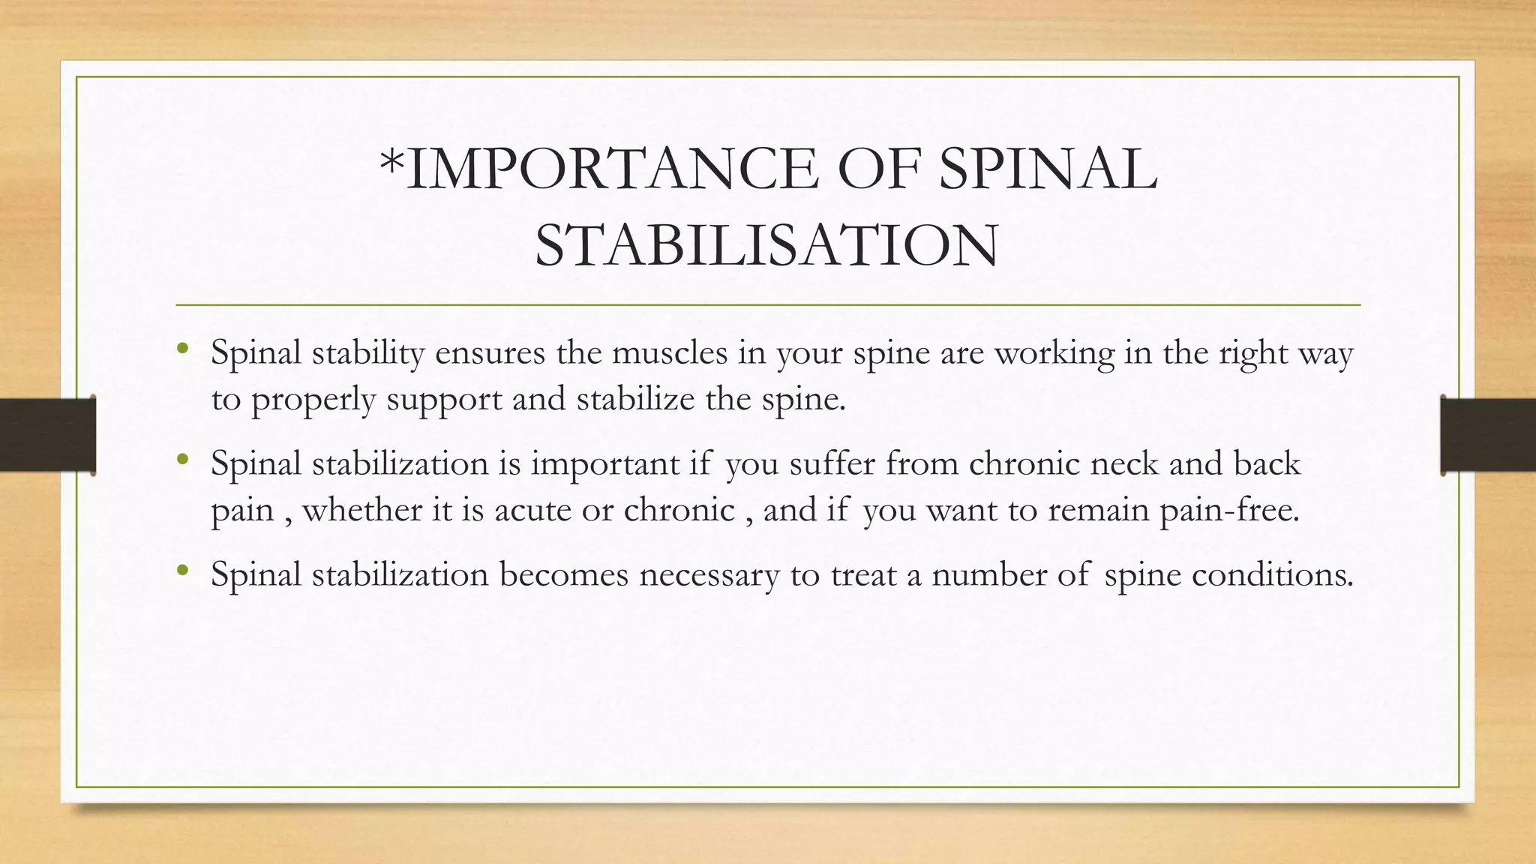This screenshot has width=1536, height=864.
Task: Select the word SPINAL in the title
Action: [1048, 169]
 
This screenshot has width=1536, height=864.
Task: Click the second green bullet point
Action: [182, 458]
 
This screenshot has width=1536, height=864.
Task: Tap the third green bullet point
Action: [182, 570]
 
